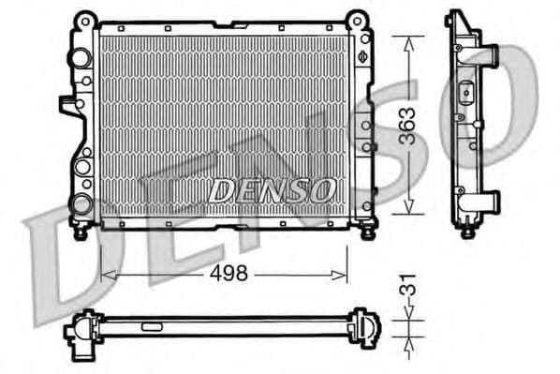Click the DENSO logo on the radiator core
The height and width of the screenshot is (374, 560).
272,190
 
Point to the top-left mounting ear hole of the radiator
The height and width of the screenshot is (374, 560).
84,19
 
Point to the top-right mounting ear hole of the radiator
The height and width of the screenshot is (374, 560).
357,19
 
